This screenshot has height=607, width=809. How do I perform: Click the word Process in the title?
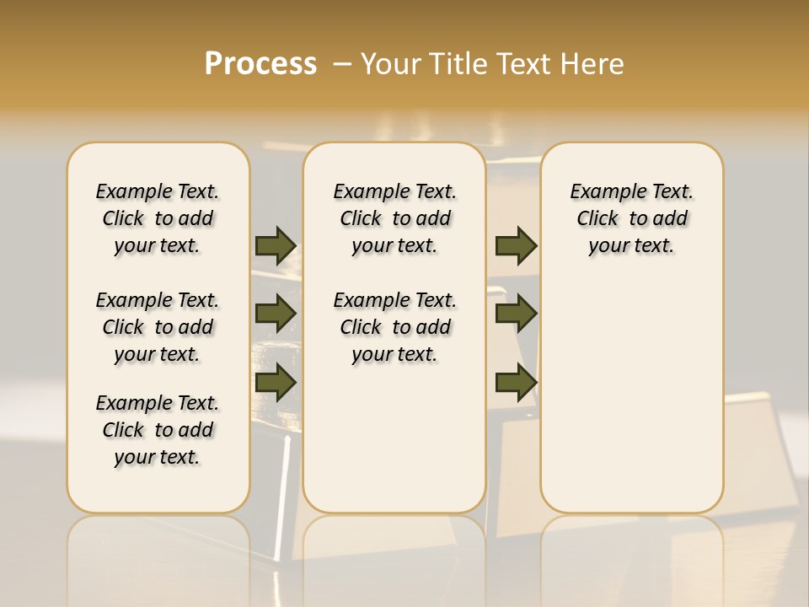[x=260, y=63]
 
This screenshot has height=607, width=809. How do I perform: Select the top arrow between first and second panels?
[x=276, y=245]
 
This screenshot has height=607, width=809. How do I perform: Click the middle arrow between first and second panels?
[x=276, y=314]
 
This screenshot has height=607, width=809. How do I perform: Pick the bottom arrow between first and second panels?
[x=276, y=383]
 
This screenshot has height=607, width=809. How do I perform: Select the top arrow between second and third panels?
[x=516, y=245]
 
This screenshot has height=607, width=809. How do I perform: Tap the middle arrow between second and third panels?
[x=516, y=314]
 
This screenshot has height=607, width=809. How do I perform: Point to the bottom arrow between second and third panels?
[x=516, y=383]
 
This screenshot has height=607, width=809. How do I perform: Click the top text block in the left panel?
[x=158, y=218]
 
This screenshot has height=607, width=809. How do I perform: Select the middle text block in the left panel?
[x=158, y=327]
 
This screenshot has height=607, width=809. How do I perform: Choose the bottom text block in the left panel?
[x=158, y=430]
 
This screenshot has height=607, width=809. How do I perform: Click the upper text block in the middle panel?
[x=394, y=218]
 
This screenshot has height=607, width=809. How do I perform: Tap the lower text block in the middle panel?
[x=394, y=327]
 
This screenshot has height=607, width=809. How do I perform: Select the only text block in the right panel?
[x=631, y=218]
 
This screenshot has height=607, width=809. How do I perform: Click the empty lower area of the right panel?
[x=631, y=396]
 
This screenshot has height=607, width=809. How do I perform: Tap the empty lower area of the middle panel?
[x=394, y=438]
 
